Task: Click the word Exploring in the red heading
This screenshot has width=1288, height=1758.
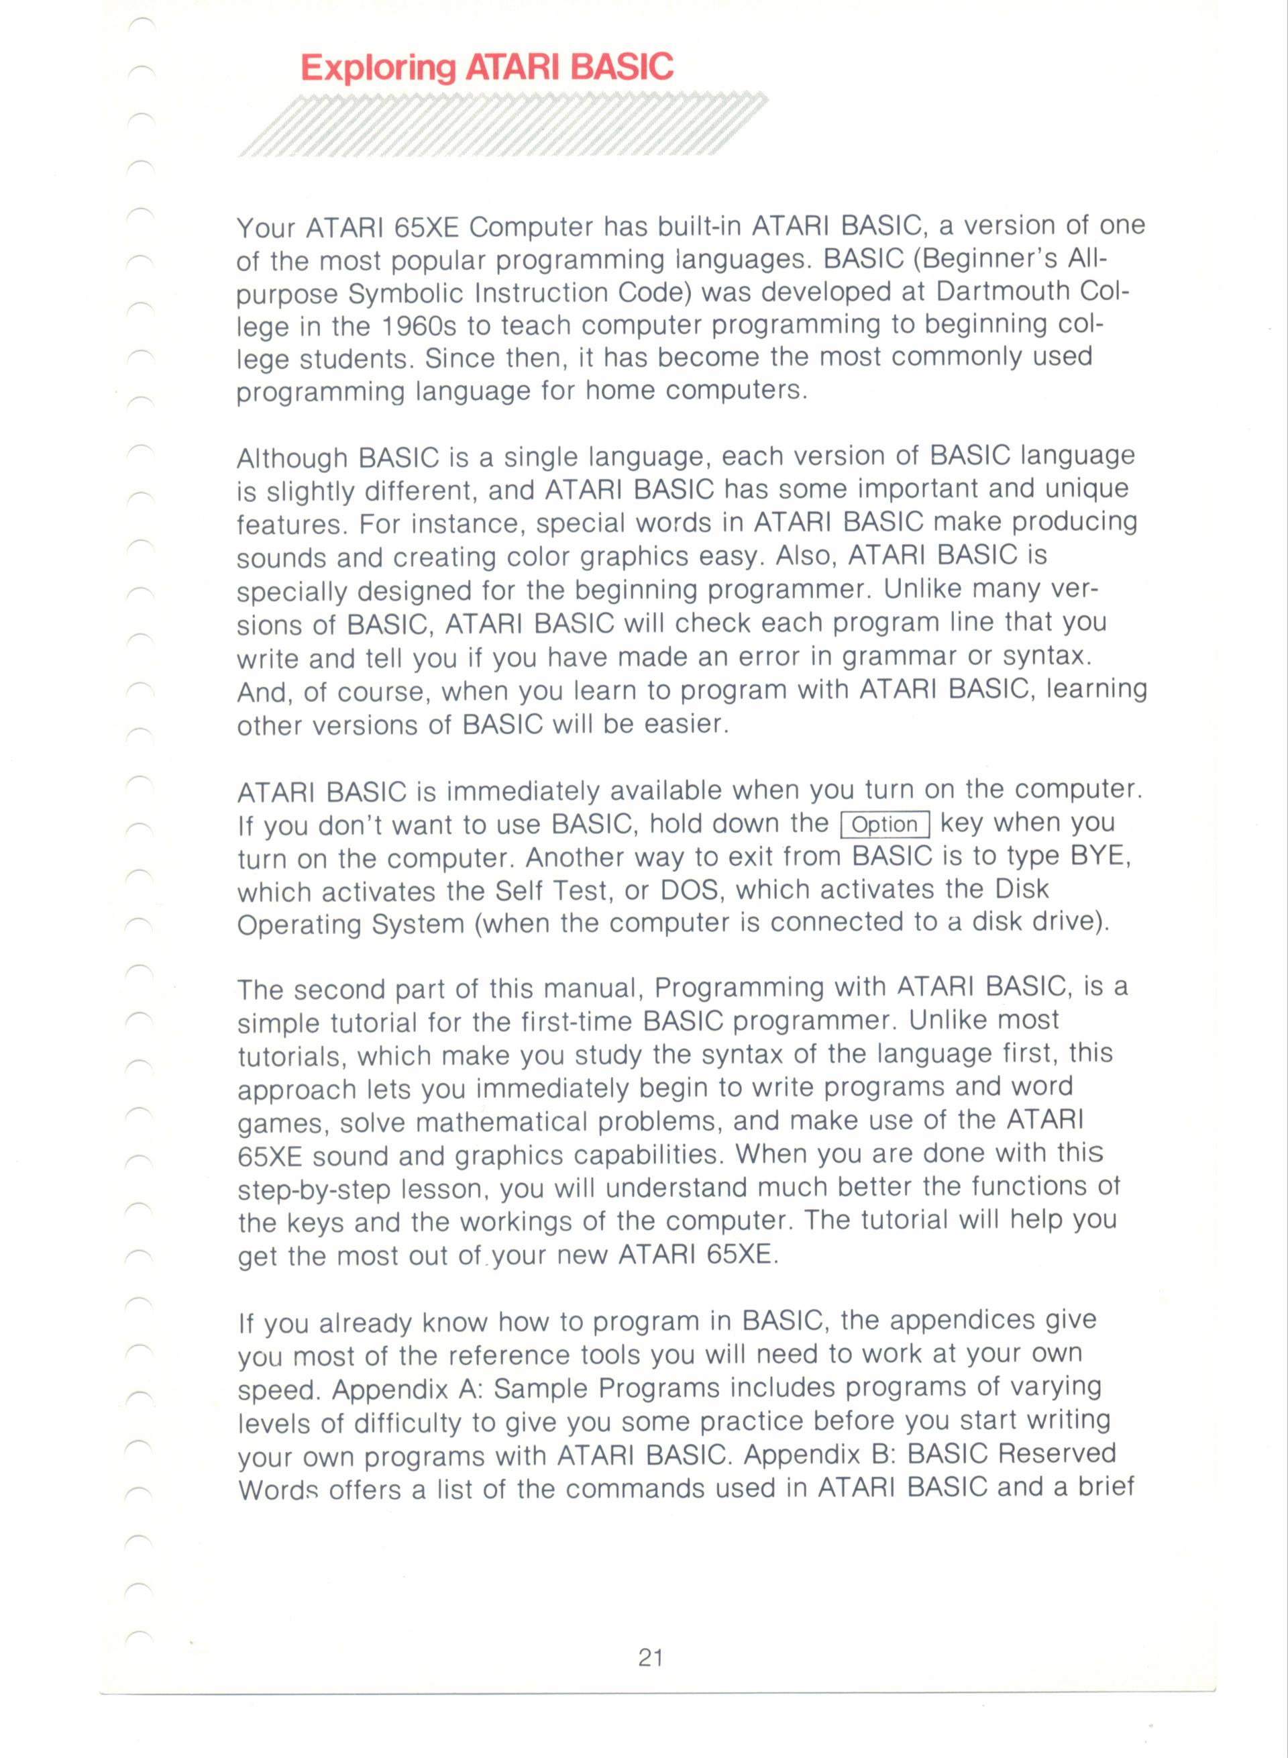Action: [378, 68]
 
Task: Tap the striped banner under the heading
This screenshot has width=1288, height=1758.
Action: [503, 125]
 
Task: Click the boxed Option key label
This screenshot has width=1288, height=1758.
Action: [885, 825]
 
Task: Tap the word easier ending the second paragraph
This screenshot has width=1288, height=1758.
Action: [686, 725]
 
